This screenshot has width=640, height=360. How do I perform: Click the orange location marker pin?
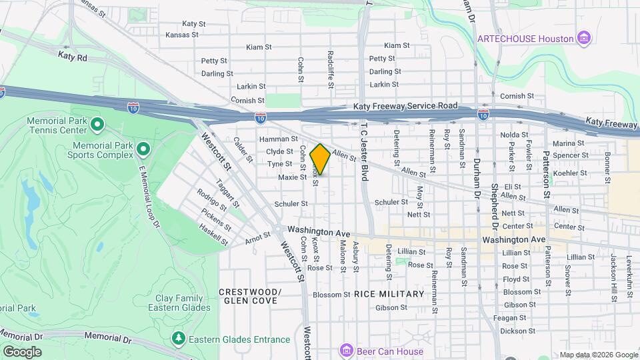pos(320,159)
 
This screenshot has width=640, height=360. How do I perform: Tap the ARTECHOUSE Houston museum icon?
pos(584,38)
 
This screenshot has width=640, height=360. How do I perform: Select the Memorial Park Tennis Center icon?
pos(97,124)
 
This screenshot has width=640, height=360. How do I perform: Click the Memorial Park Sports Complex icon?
pos(143,147)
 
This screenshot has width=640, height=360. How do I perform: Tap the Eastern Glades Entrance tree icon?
pos(178,339)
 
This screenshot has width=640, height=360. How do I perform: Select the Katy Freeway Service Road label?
pos(405,106)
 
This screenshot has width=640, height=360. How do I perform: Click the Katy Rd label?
pos(73,57)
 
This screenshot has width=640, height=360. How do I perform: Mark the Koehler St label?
pos(570,173)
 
